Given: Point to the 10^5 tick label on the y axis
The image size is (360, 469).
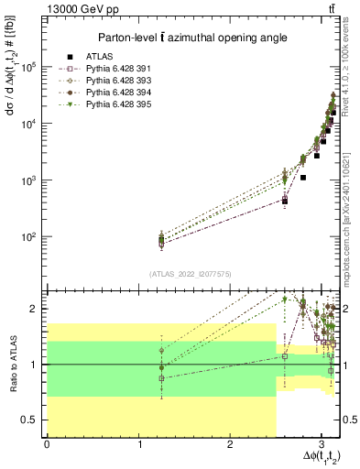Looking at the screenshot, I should [29, 67].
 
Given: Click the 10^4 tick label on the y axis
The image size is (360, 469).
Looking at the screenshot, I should [29, 124].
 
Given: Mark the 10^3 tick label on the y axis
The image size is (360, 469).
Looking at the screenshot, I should [29, 180].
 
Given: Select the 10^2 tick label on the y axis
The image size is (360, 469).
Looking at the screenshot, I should [29, 237].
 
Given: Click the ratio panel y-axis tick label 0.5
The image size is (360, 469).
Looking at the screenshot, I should [31, 420].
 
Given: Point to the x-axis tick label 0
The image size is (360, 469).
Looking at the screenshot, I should [47, 444].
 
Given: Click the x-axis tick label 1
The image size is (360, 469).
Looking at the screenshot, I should [138, 444].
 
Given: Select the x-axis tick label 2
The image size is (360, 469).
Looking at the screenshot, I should [230, 444].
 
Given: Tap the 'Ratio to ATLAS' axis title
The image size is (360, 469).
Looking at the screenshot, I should [12, 364].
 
